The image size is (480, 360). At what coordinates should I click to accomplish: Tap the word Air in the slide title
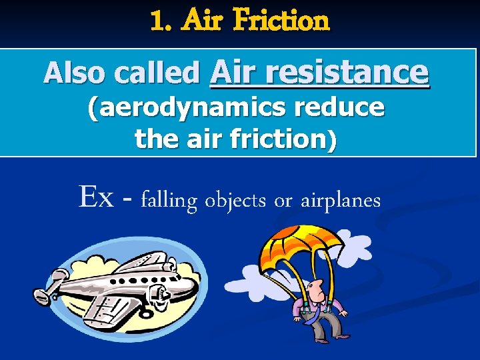click(205, 21)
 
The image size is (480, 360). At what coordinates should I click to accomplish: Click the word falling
click(169, 200)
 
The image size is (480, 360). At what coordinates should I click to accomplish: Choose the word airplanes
click(340, 200)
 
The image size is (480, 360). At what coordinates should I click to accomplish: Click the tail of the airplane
click(53, 287)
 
